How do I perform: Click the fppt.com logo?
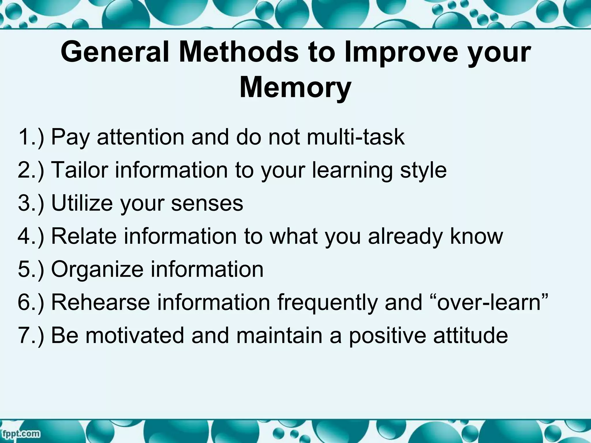click(x=21, y=433)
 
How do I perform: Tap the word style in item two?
click(x=423, y=170)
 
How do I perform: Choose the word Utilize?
click(x=82, y=203)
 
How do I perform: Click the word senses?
click(x=207, y=203)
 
